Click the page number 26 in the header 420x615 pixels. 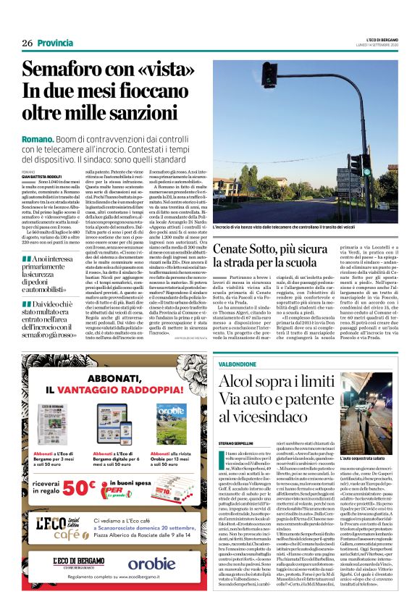click(28, 43)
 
